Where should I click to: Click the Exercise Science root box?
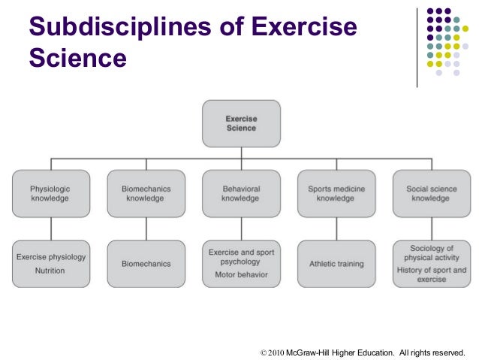coord(241,123)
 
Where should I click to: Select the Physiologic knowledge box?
coord(50,194)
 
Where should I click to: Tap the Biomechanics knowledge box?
coord(146,194)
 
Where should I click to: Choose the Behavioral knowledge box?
coord(241,194)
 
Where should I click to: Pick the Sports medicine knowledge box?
coord(336,194)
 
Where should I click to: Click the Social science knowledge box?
coord(431,194)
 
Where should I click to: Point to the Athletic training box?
coord(336,264)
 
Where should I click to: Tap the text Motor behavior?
coord(241,276)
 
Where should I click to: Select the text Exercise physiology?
coord(51,257)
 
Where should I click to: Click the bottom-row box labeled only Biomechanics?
coord(146,264)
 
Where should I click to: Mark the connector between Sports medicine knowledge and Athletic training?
coord(336,229)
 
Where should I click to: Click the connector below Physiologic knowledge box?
coord(50,229)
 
